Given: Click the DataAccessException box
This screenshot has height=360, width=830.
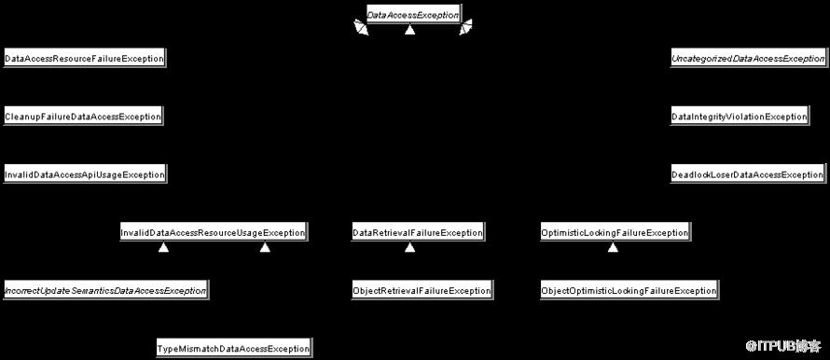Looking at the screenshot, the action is [x=413, y=15].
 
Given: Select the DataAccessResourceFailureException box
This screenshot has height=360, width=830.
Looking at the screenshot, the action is [x=84, y=58].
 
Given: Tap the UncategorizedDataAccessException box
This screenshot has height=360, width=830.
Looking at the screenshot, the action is [x=748, y=58].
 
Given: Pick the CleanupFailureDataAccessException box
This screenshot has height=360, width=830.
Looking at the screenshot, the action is [x=83, y=117].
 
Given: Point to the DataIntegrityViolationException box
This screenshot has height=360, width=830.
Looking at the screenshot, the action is [x=740, y=117].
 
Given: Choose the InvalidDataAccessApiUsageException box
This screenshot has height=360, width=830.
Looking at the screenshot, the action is [x=85, y=174].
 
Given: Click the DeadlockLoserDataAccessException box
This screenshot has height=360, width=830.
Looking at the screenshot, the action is [x=747, y=174].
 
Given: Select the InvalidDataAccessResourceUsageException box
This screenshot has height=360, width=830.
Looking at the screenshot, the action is [x=214, y=233].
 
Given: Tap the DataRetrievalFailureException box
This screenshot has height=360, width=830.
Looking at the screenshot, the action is [x=418, y=233].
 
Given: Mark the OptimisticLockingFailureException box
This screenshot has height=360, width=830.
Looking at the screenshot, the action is [x=616, y=233].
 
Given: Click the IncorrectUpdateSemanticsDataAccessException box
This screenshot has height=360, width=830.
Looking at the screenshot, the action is [x=105, y=291].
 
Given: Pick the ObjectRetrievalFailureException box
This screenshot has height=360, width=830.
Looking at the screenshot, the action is [x=422, y=291].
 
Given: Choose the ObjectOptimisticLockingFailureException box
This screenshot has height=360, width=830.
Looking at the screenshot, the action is [x=629, y=291].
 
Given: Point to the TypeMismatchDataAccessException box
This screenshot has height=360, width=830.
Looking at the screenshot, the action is [x=233, y=349].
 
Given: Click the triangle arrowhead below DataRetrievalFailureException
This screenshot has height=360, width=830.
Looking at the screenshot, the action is [x=409, y=247].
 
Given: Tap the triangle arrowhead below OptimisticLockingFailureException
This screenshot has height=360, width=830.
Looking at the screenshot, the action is [x=613, y=247].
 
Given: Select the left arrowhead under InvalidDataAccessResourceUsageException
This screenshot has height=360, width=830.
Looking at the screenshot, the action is [x=163, y=247].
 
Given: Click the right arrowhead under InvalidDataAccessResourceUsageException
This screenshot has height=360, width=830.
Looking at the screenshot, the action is [x=265, y=247].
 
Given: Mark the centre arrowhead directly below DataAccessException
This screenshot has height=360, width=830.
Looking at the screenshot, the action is [x=409, y=31].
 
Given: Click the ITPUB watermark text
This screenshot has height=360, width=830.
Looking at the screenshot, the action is [x=783, y=347].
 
